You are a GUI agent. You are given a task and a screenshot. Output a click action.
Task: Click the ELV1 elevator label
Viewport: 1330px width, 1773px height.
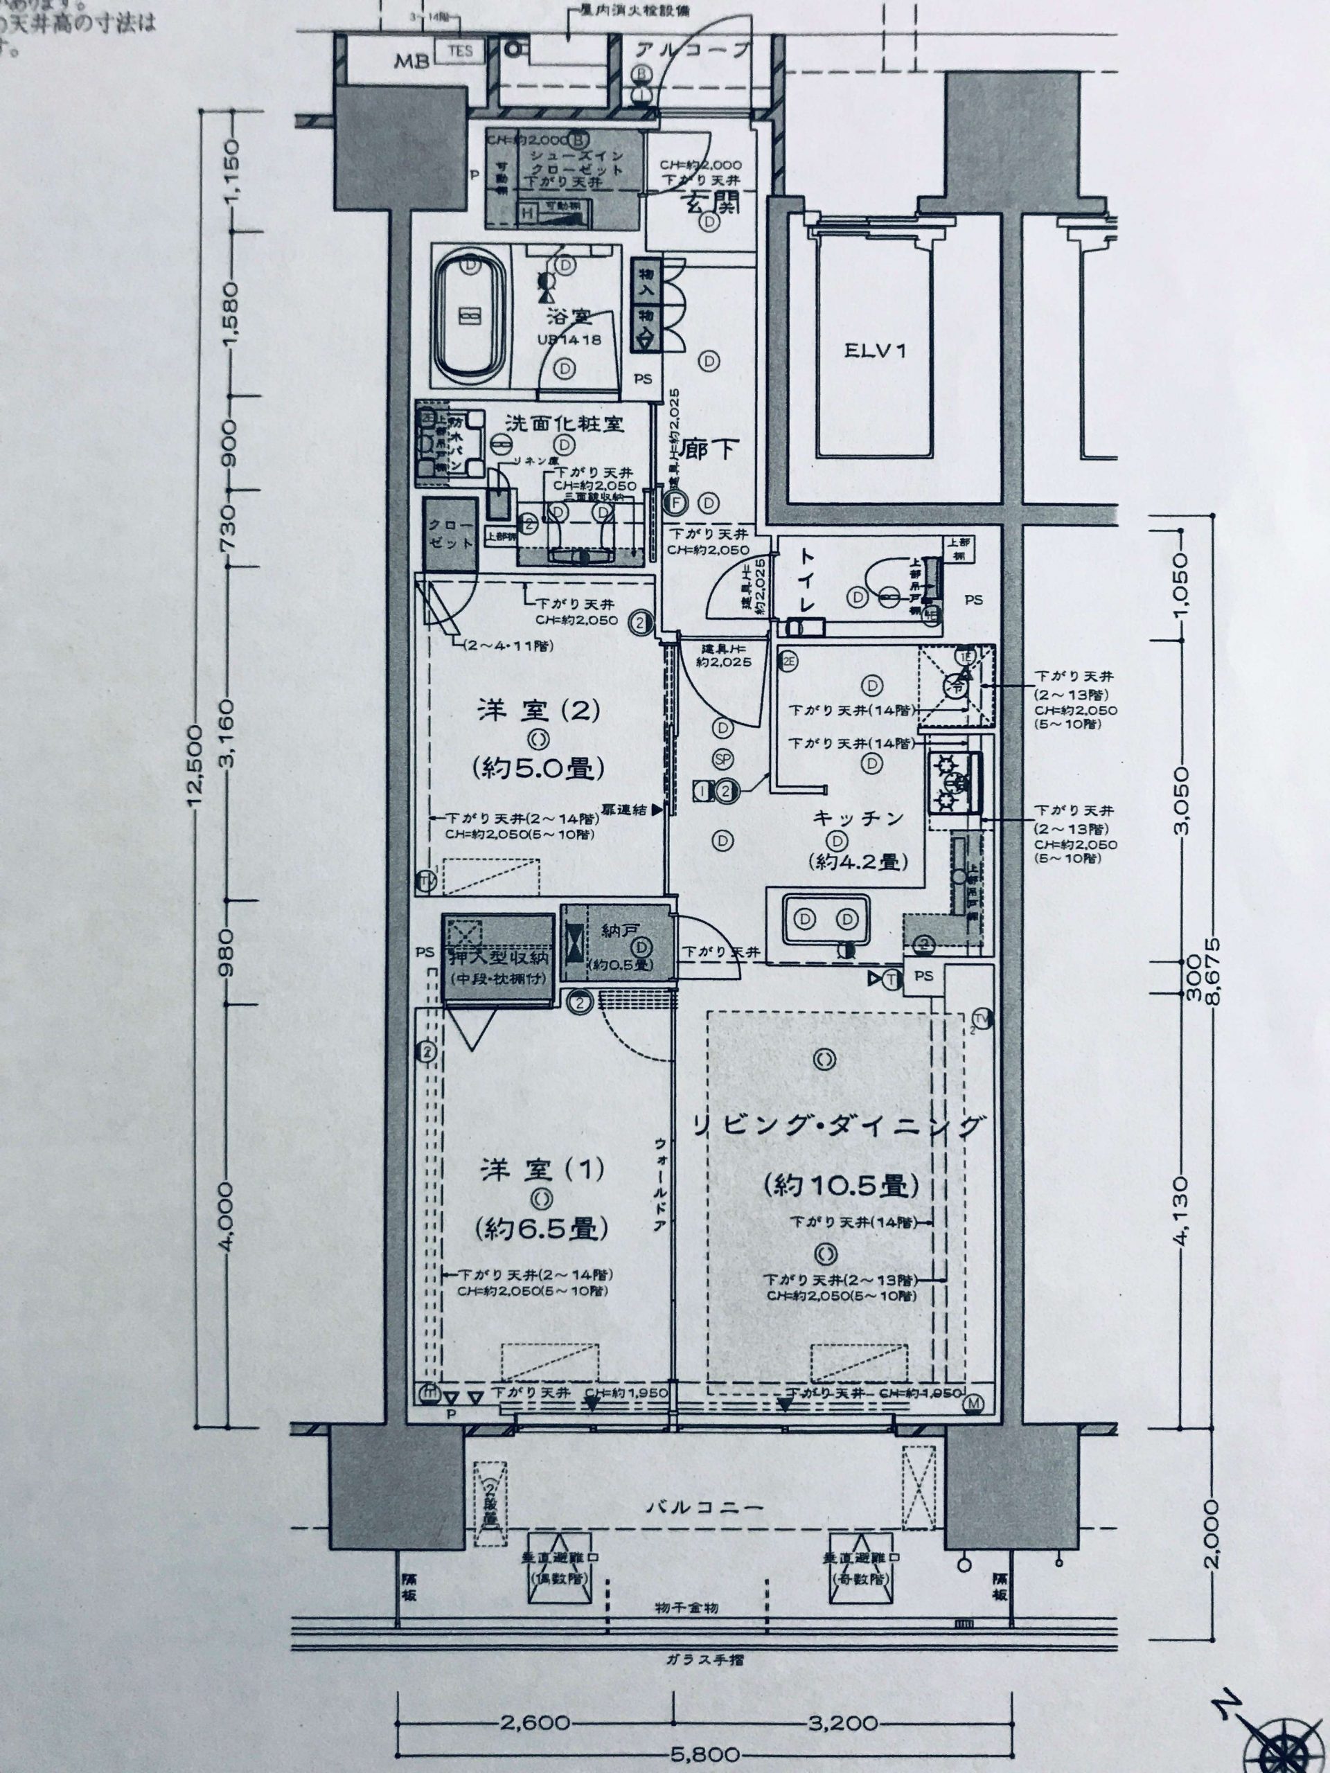[x=875, y=350]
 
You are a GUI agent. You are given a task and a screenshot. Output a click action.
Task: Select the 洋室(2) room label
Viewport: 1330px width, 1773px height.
[x=540, y=710]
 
